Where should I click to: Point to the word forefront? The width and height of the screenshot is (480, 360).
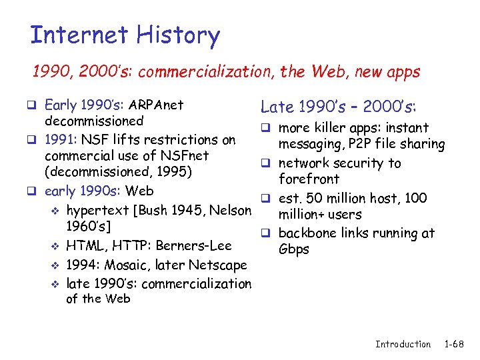tap(309, 179)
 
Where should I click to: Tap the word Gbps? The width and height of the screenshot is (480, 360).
tap(294, 249)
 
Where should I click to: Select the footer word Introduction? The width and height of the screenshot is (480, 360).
tap(403, 344)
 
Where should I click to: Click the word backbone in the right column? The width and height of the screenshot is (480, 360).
tap(307, 233)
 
